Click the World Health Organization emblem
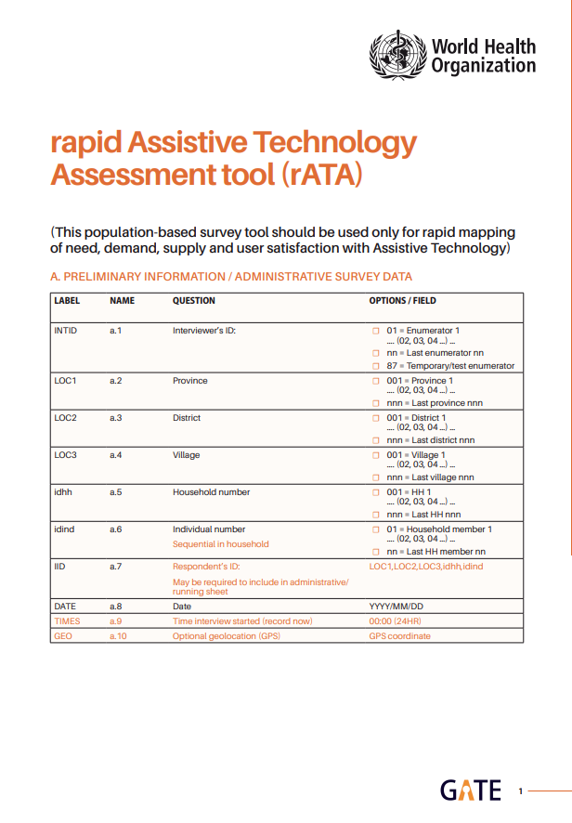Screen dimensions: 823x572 pyautogui.click(x=398, y=54)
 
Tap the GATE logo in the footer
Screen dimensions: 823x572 pyautogui.click(x=471, y=790)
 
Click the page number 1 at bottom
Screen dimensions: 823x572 pyautogui.click(x=521, y=791)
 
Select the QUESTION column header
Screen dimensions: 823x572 pyautogui.click(x=194, y=301)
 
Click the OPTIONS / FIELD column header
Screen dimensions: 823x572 pyautogui.click(x=403, y=301)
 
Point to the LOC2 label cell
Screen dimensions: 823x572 pyautogui.click(x=65, y=418)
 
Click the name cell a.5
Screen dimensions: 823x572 pyautogui.click(x=116, y=492)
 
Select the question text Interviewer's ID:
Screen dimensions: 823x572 pyautogui.click(x=205, y=330)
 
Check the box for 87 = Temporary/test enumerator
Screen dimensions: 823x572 pyautogui.click(x=376, y=366)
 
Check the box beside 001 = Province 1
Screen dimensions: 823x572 pyautogui.click(x=376, y=381)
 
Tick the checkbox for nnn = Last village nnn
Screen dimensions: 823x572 pyautogui.click(x=376, y=477)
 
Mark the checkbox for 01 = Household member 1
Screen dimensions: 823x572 pyautogui.click(x=376, y=529)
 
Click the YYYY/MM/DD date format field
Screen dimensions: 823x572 pyautogui.click(x=396, y=607)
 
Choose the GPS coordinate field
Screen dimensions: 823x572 pyautogui.click(x=400, y=635)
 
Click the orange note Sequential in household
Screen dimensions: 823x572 pyautogui.click(x=221, y=544)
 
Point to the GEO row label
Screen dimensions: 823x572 pyautogui.click(x=62, y=635)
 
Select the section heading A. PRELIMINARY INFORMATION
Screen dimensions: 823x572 pyautogui.click(x=231, y=277)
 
